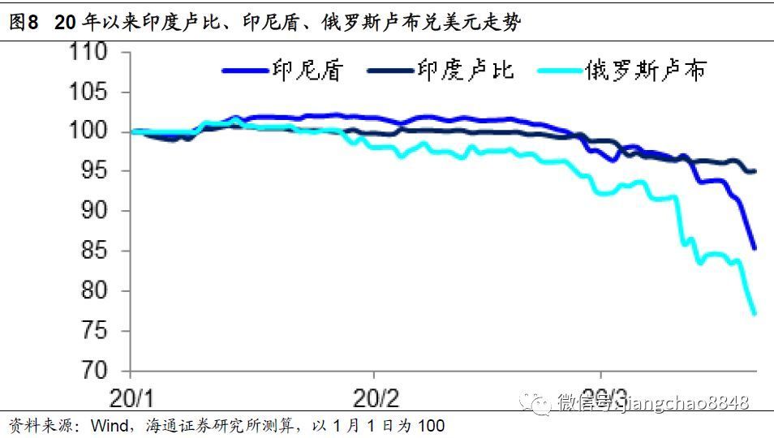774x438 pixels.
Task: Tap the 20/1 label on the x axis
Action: [x=133, y=399]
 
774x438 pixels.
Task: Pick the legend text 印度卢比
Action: [x=466, y=71]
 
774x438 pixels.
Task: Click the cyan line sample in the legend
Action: [x=560, y=71]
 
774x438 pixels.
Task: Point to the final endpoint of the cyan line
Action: [x=755, y=313]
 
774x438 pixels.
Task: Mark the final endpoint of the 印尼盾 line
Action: [x=755, y=248]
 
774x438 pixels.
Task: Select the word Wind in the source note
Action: [x=108, y=426]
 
